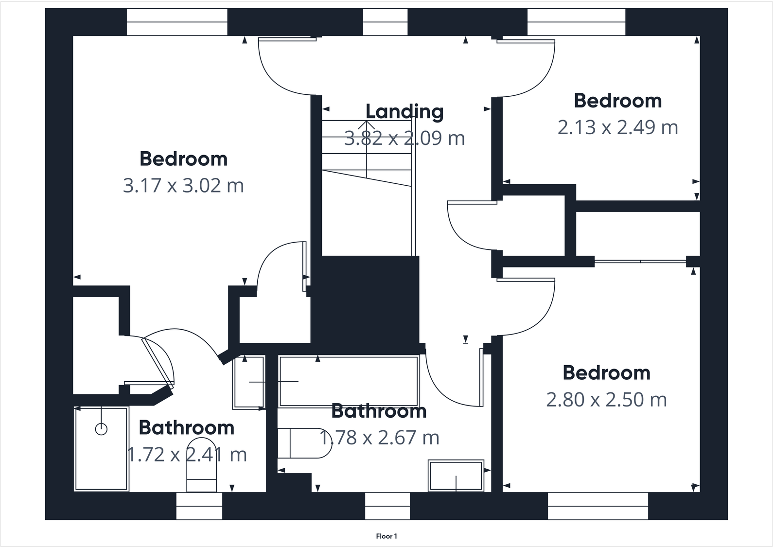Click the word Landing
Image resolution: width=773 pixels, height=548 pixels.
tap(404, 112)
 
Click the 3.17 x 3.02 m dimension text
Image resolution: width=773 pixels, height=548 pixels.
tap(183, 186)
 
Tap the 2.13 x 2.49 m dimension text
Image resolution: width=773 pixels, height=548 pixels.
tap(617, 127)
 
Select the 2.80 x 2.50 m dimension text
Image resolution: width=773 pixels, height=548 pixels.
tap(606, 400)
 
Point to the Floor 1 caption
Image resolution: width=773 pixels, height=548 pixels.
tap(386, 536)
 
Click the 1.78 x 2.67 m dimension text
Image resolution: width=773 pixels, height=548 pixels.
tap(379, 438)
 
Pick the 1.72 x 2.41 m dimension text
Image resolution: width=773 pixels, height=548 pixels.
tap(187, 455)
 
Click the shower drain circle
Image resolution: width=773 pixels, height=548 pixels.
tap(101, 429)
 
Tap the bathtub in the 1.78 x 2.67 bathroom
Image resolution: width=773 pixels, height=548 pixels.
tap(349, 381)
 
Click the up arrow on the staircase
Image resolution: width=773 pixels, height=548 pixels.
tap(367, 125)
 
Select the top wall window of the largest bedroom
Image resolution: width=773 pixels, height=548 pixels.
tap(177, 22)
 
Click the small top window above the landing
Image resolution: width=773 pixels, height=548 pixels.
tap(385, 22)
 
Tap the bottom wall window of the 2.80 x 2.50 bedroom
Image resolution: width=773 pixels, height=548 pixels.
tap(598, 506)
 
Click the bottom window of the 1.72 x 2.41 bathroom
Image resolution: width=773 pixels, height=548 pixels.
tap(199, 506)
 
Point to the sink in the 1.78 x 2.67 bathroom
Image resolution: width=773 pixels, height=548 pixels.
tap(456, 476)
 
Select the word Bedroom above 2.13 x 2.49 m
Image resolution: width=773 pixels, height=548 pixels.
tap(617, 101)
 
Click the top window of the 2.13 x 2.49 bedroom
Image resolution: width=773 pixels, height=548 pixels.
tap(577, 22)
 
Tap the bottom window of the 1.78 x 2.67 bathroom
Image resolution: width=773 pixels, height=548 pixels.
tap(387, 506)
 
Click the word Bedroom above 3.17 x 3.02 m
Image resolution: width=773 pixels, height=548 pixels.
tap(183, 159)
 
